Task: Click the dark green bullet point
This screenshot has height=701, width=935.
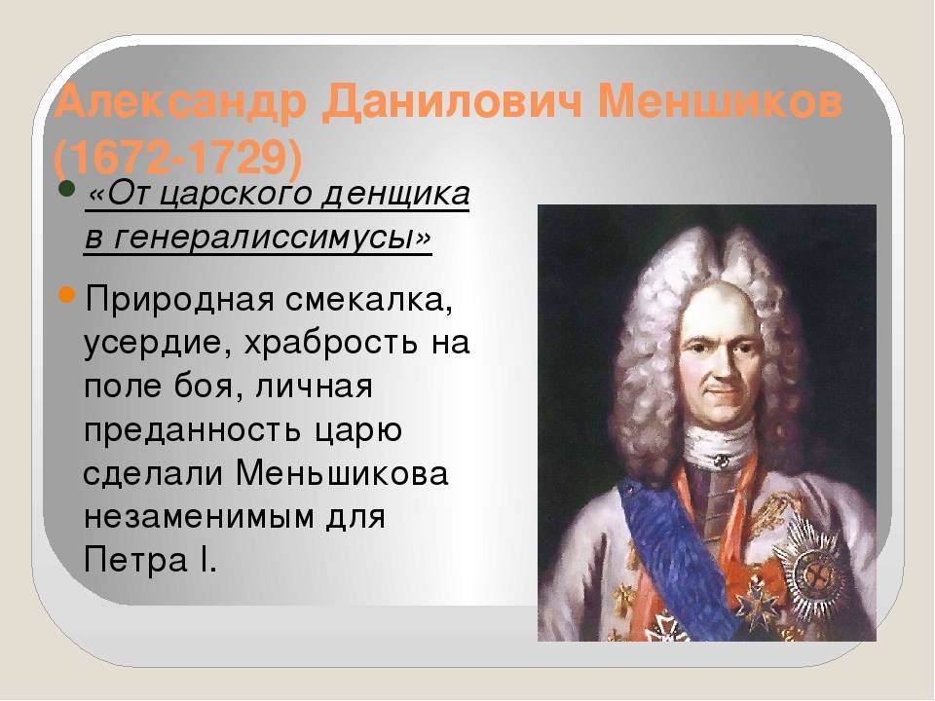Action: (67, 192)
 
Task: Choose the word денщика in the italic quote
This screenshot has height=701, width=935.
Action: (395, 195)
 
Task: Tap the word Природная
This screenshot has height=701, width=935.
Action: (179, 300)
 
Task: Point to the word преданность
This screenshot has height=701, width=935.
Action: (192, 430)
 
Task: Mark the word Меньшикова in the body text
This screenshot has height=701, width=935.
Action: (342, 474)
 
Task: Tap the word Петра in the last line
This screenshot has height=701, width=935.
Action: (135, 561)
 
